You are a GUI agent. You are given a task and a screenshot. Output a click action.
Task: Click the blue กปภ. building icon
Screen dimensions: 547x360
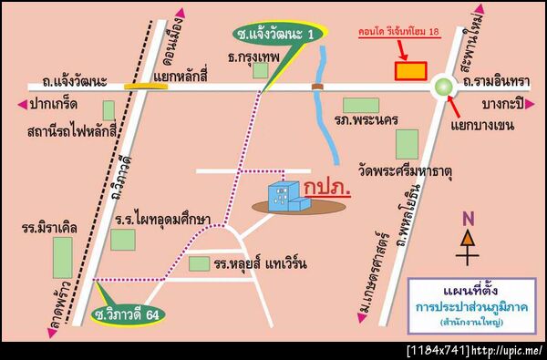(285, 196)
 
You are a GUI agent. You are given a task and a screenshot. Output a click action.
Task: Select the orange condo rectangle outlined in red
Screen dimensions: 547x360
(409, 69)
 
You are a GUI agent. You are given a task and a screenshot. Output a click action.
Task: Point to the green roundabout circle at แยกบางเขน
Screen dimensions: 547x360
(444, 87)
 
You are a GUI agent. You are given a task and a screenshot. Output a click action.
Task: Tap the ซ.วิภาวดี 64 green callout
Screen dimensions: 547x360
(131, 314)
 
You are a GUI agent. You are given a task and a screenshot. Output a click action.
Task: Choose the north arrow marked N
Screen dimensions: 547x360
(468, 239)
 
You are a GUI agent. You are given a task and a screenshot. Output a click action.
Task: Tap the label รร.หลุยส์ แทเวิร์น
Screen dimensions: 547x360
(260, 264)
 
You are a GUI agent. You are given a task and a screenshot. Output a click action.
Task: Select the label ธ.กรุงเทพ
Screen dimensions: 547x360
(253, 57)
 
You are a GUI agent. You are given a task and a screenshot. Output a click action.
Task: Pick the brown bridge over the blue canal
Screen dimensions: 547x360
(317, 87)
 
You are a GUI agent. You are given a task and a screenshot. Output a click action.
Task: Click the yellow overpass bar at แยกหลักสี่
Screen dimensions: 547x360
(139, 86)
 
